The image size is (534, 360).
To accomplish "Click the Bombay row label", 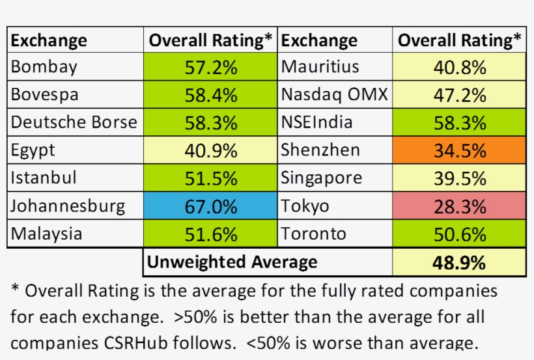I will [44, 66].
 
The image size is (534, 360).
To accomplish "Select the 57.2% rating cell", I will [210, 67].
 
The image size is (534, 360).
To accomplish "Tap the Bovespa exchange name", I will [45, 94].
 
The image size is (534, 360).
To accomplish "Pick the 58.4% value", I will [210, 95].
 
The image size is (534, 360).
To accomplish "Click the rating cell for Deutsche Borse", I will [210, 123].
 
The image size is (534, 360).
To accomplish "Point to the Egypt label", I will [33, 150].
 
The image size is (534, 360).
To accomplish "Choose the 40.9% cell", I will [210, 151].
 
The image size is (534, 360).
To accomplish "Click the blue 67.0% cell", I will [210, 207].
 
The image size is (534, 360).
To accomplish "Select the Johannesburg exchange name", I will [68, 206].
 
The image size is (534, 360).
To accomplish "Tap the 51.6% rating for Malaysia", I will [210, 234].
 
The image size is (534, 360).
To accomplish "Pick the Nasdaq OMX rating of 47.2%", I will [460, 95].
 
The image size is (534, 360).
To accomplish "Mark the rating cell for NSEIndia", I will [460, 123].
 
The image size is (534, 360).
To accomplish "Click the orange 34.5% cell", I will [460, 151].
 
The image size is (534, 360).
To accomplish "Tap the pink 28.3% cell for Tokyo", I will [460, 207].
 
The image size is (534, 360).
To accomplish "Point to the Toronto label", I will [313, 234].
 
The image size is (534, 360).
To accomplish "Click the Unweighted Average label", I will [232, 262].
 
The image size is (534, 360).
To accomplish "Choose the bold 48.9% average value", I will [460, 263].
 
